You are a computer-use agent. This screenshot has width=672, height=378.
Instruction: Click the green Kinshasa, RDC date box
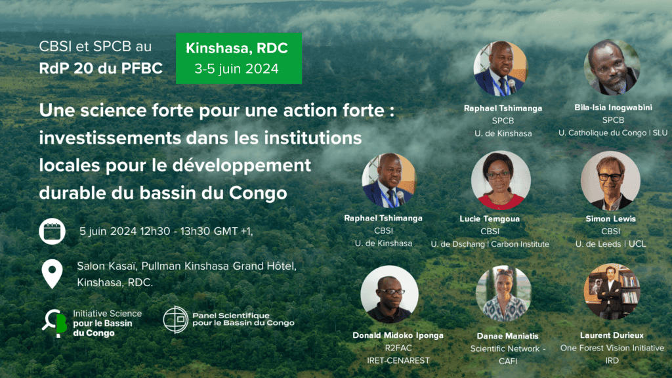(239, 58)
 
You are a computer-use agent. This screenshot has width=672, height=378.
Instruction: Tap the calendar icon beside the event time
(52, 232)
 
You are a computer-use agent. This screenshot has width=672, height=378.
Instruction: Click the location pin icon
(52, 274)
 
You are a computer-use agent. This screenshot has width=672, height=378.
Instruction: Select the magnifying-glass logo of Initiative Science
(54, 323)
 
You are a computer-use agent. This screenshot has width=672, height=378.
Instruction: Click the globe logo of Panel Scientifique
(176, 320)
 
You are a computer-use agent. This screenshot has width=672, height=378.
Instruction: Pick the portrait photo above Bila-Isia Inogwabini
(612, 68)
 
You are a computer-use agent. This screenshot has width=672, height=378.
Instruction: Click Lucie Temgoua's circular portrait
(501, 180)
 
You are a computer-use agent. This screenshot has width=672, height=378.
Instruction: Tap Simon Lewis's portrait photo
(610, 180)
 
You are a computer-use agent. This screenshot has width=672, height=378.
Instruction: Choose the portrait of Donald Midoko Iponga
(390, 295)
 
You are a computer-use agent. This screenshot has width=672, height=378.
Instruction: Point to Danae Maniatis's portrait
(503, 293)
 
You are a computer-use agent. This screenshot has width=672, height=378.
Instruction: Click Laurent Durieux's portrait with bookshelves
(612, 292)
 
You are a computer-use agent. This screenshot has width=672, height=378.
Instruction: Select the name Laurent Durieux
(612, 335)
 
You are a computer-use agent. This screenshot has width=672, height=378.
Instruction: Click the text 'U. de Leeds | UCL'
(610, 244)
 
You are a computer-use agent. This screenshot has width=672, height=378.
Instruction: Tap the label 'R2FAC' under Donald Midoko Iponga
(398, 348)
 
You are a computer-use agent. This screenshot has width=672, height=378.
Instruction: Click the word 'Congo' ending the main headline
(257, 193)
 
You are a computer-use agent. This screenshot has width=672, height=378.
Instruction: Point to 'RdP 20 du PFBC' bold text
(100, 68)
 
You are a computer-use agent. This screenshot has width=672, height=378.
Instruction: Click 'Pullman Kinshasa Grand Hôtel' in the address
(219, 266)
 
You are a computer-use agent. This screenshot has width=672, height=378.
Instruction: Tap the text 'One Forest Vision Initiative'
(612, 348)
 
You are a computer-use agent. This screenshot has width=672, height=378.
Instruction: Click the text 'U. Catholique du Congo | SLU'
(613, 133)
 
